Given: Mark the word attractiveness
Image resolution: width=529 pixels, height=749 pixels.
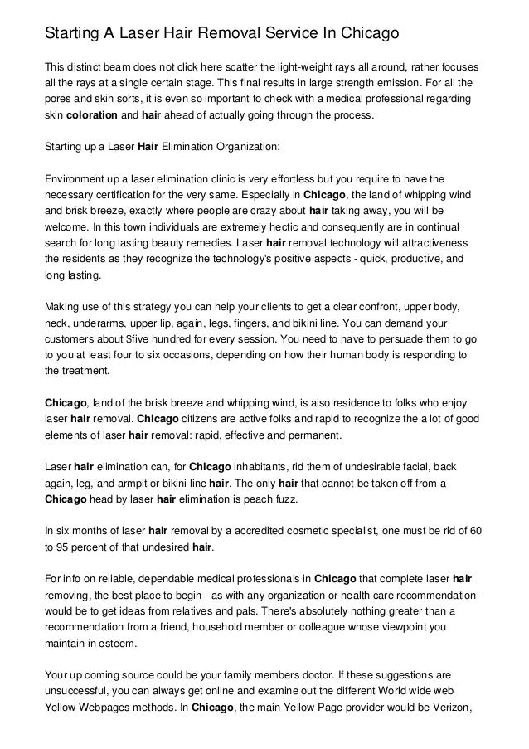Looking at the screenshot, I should point(425,245).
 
